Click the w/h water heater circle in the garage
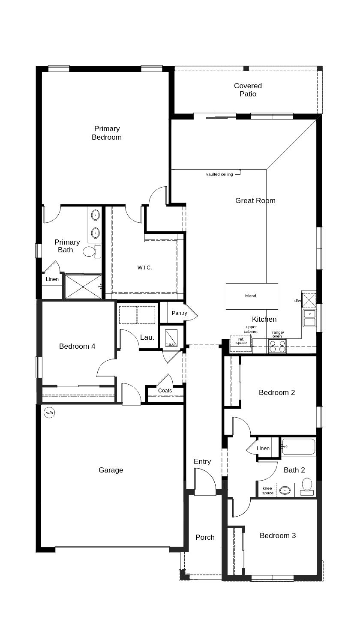(x=49, y=413)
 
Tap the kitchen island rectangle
(x=252, y=296)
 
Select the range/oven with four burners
(x=277, y=346)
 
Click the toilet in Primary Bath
(x=90, y=251)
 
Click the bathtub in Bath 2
(x=299, y=447)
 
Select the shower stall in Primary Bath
(x=83, y=287)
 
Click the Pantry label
(x=179, y=313)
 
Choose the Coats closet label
(x=165, y=391)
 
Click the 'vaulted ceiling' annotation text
(x=219, y=174)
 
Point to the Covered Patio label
(x=248, y=90)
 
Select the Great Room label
(x=255, y=200)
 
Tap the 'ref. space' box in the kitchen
(x=241, y=341)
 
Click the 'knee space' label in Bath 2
(x=267, y=491)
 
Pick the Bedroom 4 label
(x=77, y=346)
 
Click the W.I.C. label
(x=144, y=268)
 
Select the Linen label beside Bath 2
(x=263, y=449)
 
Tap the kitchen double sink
(x=309, y=318)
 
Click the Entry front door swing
(x=205, y=482)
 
